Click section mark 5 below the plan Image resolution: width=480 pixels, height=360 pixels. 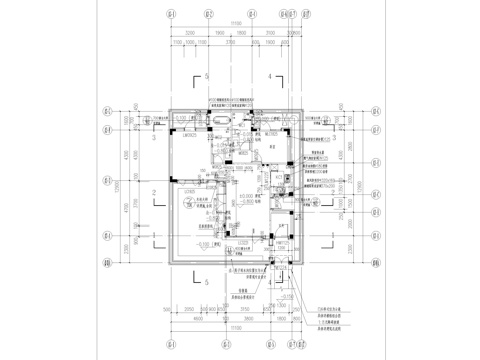pos(206,282)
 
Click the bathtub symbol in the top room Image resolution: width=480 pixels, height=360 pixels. pos(217,119)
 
